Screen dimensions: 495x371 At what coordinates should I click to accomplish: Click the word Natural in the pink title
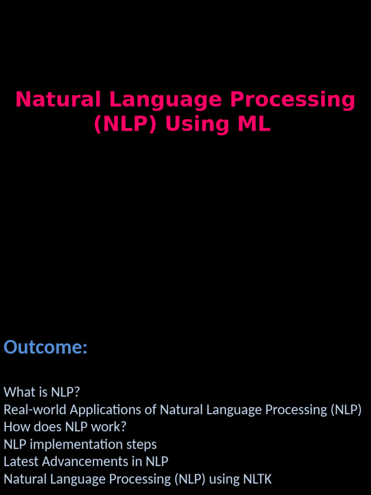(58, 100)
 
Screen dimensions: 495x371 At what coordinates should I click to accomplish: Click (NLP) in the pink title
(126, 124)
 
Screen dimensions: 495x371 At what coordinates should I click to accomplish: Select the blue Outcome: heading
(45, 347)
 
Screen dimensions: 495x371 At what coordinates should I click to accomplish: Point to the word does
(47, 427)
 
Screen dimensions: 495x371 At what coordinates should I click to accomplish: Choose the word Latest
(21, 462)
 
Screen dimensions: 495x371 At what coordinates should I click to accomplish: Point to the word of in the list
(151, 409)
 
